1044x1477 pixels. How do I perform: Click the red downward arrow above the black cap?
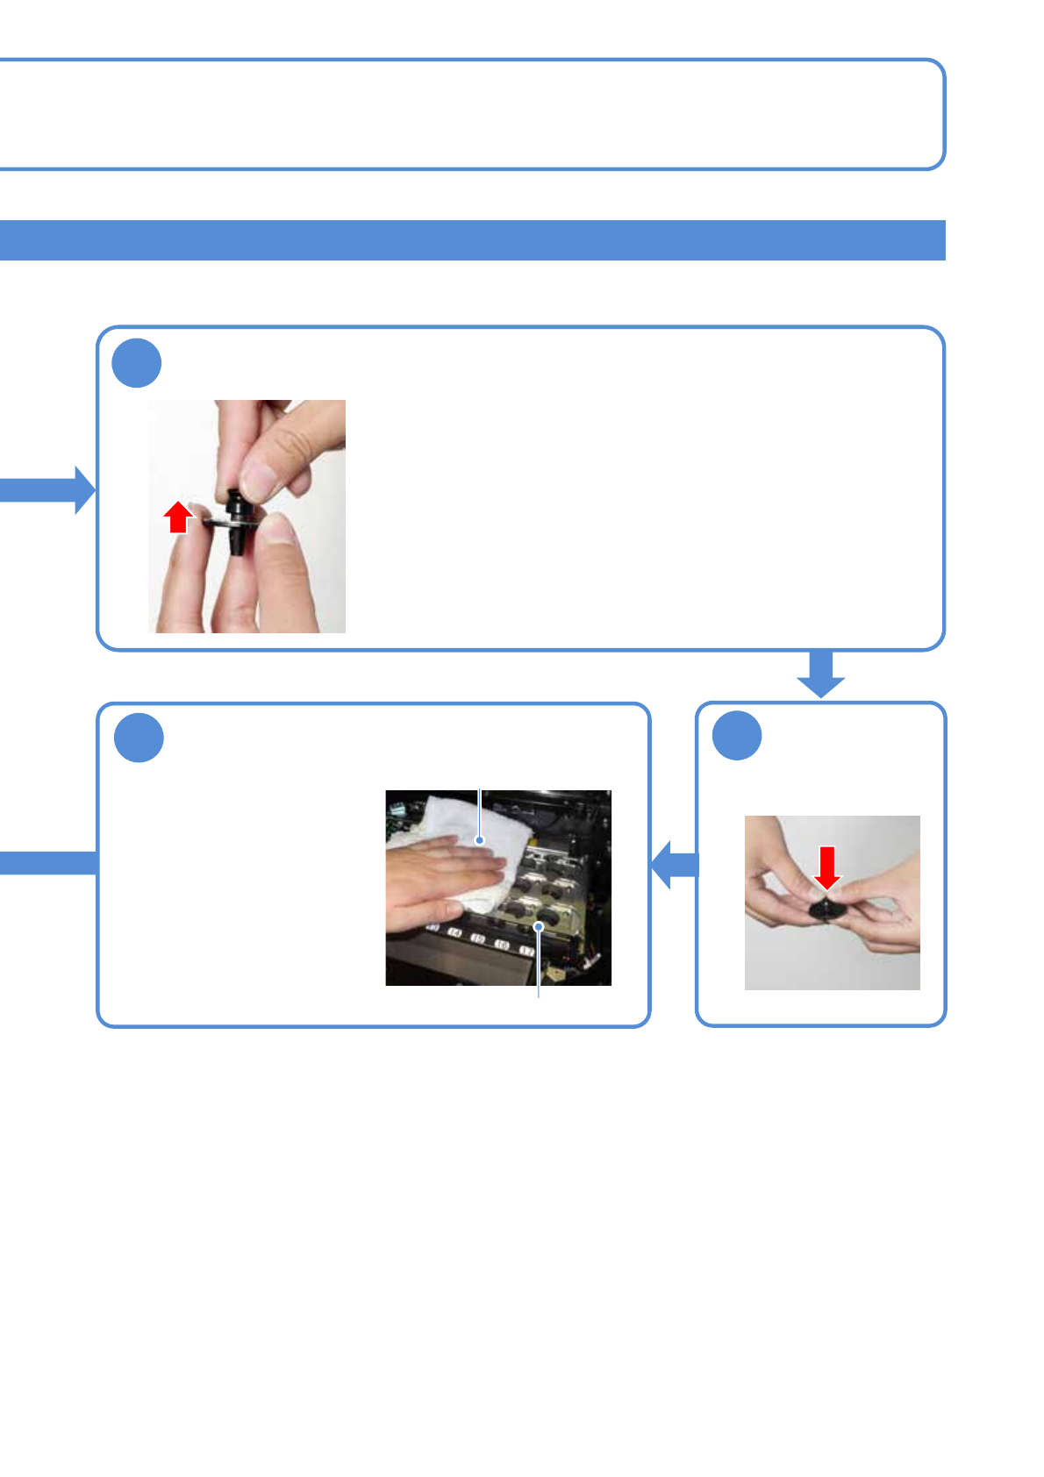[826, 867]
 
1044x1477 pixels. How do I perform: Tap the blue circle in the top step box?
[137, 363]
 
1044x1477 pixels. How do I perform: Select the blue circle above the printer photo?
[139, 738]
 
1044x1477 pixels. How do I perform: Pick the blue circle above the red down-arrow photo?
[736, 736]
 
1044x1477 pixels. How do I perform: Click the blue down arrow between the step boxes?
[820, 674]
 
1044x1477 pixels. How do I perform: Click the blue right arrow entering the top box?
[48, 489]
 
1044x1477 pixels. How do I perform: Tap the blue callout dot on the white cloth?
[480, 840]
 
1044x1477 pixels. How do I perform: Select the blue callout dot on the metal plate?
[539, 925]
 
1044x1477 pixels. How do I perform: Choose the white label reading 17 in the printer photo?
[526, 951]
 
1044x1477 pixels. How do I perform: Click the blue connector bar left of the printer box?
[48, 863]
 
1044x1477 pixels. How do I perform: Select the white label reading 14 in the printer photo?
[455, 933]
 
